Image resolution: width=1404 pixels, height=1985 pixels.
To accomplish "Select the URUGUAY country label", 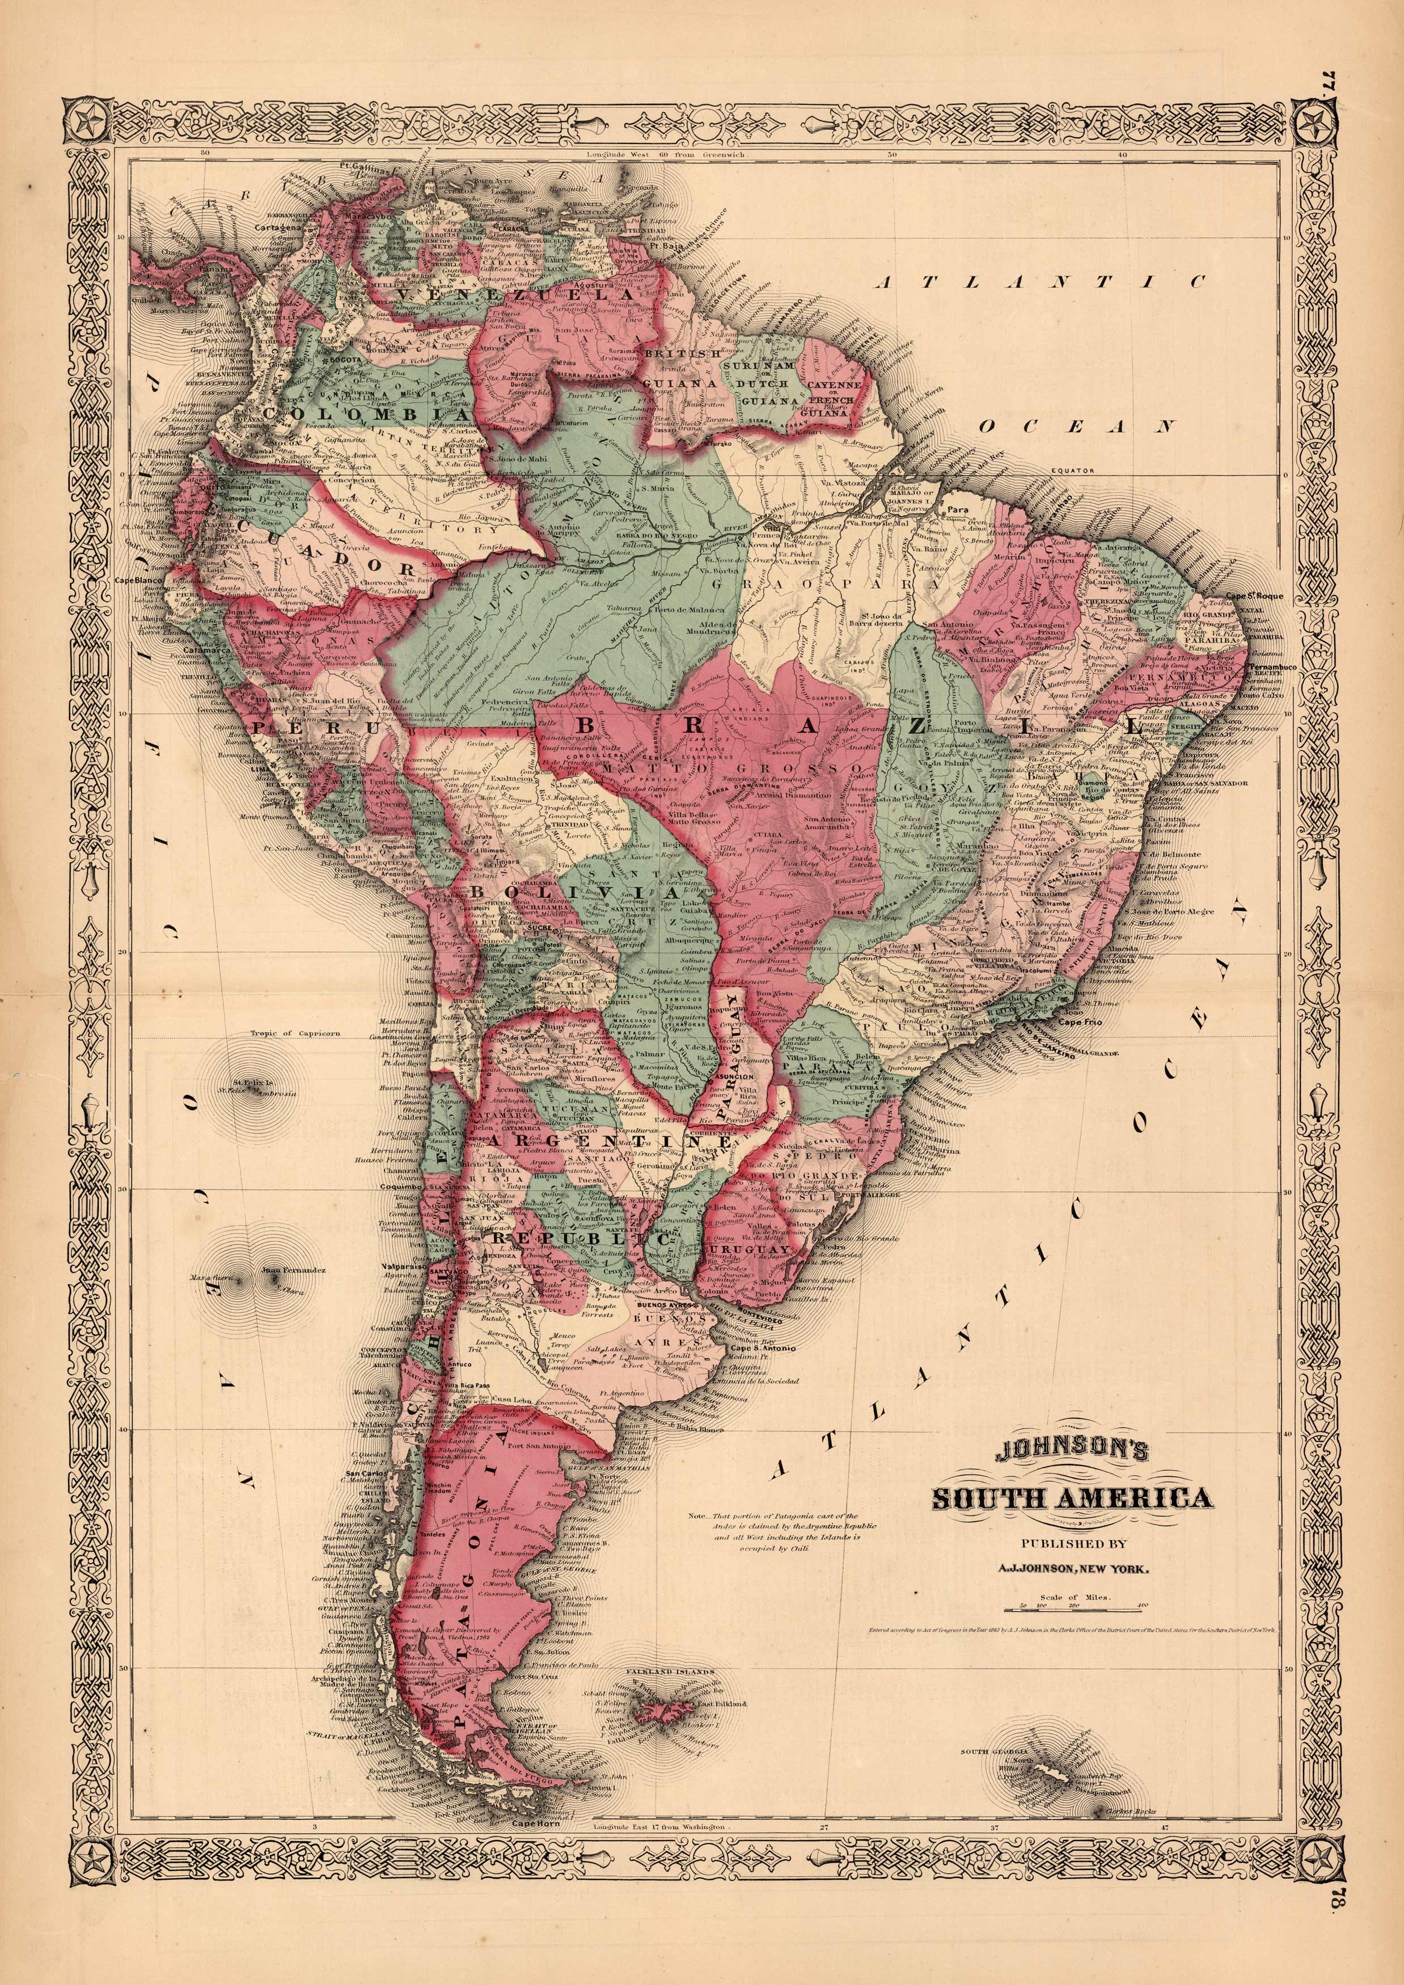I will click(748, 1250).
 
